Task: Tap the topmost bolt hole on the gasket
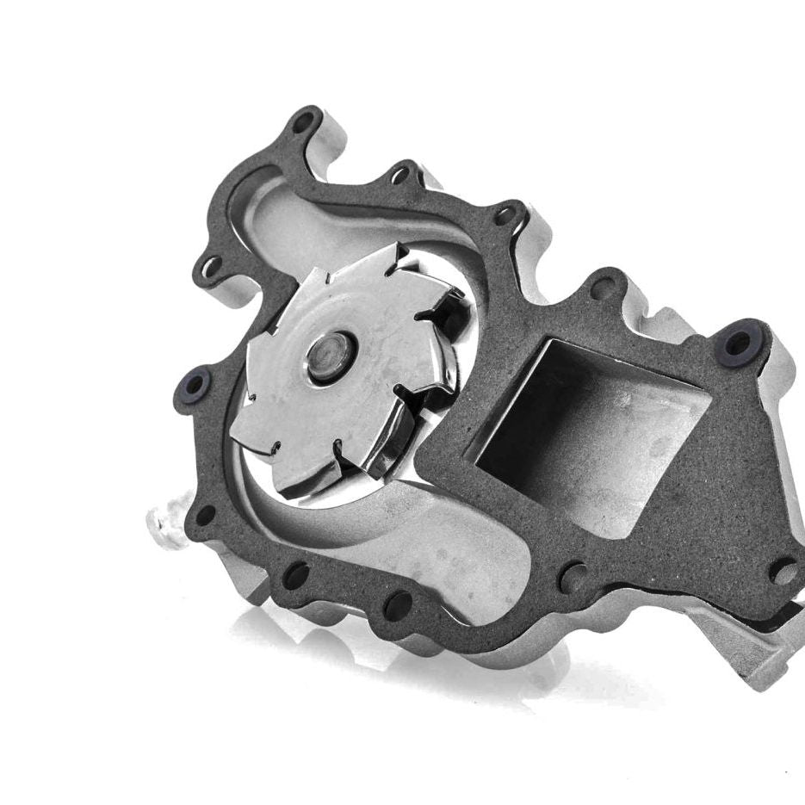303,122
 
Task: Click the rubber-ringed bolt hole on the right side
739,344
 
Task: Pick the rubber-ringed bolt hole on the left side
194,385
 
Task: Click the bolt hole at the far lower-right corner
783,570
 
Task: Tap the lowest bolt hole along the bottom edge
398,605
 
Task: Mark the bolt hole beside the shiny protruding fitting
205,516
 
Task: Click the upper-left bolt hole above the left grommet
207,267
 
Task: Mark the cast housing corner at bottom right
758,663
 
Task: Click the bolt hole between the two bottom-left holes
295,575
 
